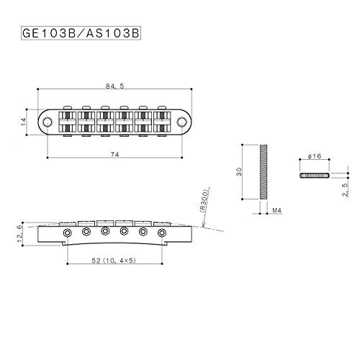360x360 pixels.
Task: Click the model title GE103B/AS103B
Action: (x=81, y=33)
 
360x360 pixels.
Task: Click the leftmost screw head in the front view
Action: (x=67, y=233)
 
